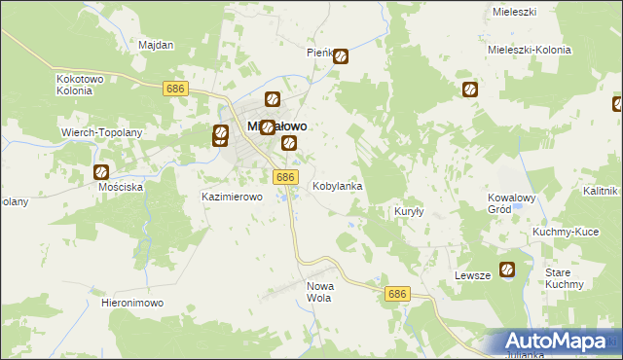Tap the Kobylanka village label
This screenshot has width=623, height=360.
(x=338, y=185)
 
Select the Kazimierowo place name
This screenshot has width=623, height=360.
(x=233, y=197)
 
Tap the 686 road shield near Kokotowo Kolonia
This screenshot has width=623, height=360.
(x=175, y=89)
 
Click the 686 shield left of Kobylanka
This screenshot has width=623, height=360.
(x=284, y=177)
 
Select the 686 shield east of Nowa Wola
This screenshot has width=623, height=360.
(x=396, y=294)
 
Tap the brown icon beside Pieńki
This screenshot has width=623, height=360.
(x=341, y=56)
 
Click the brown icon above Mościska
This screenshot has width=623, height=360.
(x=101, y=172)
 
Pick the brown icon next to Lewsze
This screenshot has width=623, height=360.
(x=507, y=270)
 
